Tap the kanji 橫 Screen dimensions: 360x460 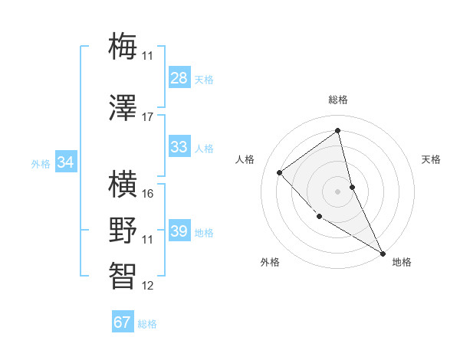[123, 184]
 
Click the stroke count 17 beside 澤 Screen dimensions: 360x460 [148, 117]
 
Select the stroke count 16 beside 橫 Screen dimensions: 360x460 [148, 194]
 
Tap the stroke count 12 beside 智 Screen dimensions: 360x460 [148, 286]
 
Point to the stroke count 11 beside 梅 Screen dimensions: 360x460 [148, 55]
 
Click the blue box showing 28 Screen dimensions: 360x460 [179, 78]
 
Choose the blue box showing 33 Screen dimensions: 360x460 [179, 147]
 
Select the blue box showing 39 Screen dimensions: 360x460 [179, 231]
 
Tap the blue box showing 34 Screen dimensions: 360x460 [66, 162]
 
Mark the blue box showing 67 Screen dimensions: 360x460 [123, 322]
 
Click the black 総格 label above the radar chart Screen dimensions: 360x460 [338, 100]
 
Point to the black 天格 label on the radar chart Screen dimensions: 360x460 [432, 159]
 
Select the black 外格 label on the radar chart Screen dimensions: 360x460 [270, 262]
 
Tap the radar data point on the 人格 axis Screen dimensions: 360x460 [280, 172]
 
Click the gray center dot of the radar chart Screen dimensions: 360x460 [338, 191]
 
